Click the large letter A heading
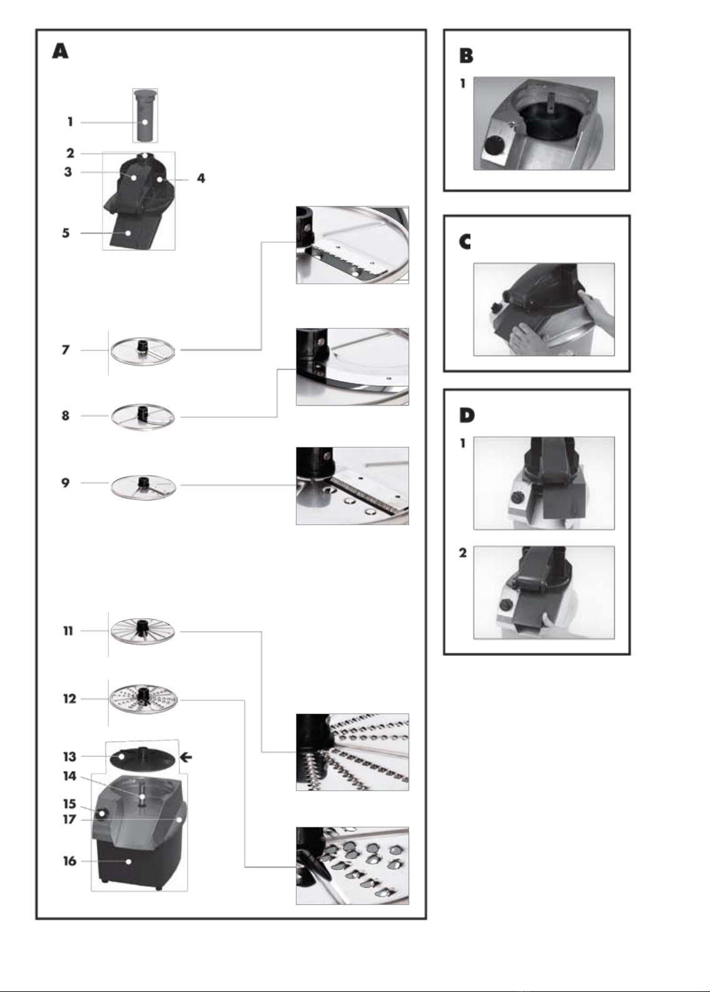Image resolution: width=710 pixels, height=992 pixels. [60, 51]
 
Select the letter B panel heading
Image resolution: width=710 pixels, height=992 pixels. [466, 56]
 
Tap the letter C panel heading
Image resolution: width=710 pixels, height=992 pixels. [465, 242]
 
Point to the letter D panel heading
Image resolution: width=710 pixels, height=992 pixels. [467, 415]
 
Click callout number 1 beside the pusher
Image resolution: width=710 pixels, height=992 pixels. [71, 122]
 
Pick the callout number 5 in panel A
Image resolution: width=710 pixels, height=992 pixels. [66, 233]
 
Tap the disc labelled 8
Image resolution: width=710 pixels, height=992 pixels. [143, 416]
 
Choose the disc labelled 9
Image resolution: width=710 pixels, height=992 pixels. [143, 486]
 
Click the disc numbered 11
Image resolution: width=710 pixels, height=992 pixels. [143, 631]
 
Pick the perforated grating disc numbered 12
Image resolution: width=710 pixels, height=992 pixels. [143, 699]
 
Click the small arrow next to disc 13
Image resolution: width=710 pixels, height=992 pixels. [185, 757]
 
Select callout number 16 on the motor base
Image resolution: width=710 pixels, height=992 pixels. [69, 861]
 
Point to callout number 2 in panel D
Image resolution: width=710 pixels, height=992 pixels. [463, 553]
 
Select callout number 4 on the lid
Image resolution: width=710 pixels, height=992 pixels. [201, 178]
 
